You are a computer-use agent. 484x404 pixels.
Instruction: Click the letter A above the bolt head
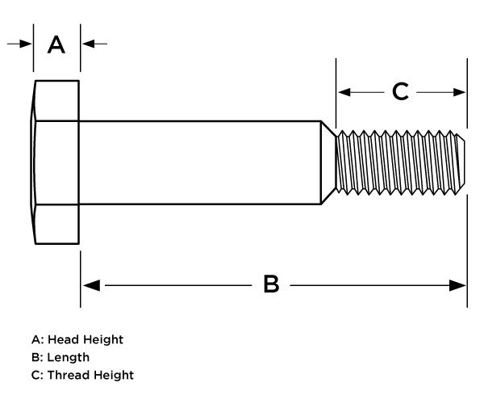[x=56, y=44]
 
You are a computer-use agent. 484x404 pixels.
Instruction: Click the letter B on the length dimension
[x=272, y=284]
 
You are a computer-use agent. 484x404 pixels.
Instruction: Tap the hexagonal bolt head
[x=56, y=162]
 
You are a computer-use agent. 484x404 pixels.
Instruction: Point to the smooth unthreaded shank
[x=202, y=162]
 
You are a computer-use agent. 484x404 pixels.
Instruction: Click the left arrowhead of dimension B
[x=90, y=284]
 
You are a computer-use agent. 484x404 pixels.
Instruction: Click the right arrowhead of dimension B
[x=459, y=284]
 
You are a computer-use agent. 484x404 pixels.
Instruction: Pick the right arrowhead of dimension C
[x=460, y=92]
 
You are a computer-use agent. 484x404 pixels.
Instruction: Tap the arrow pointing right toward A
[x=26, y=44]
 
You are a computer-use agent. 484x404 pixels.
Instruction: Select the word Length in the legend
[x=69, y=357]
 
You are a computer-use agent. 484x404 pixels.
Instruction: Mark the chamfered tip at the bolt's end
[x=462, y=162]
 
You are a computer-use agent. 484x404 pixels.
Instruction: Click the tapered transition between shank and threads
[x=328, y=162]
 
